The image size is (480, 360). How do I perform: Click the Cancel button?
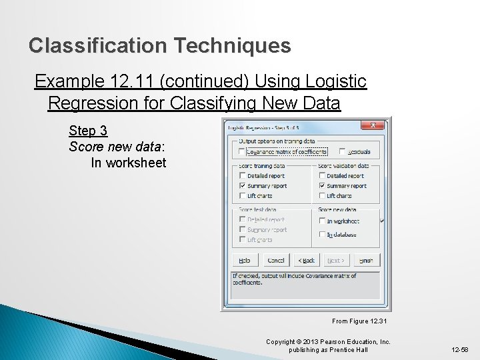[x=275, y=260]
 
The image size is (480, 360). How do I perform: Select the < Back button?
[x=306, y=260]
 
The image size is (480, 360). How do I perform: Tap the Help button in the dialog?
[x=245, y=260]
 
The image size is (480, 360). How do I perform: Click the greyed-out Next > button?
[x=336, y=260]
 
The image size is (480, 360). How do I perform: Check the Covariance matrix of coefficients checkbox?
[x=243, y=152]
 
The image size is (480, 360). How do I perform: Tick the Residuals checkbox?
[x=342, y=152]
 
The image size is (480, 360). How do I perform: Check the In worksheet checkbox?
[x=322, y=221]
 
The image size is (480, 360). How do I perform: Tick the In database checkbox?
[x=322, y=235]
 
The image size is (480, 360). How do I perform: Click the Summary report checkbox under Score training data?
[x=243, y=186]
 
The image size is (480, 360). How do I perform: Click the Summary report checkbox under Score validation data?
[x=322, y=186]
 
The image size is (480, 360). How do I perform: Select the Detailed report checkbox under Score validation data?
[x=322, y=176]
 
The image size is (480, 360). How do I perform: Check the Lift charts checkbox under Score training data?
[x=243, y=196]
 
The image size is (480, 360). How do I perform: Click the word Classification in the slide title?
[x=98, y=46]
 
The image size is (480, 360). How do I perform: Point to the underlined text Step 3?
[x=87, y=131]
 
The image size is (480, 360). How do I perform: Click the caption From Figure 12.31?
[x=359, y=321]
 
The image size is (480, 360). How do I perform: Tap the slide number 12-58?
[x=460, y=349]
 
